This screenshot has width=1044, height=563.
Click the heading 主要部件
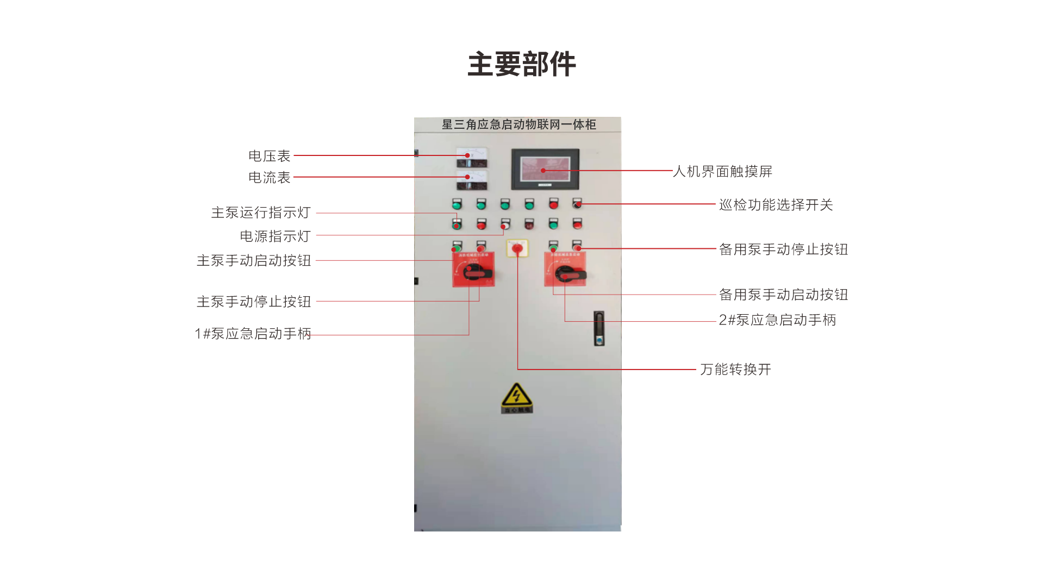(522, 64)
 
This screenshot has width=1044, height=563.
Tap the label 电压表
(270, 156)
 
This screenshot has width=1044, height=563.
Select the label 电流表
(270, 178)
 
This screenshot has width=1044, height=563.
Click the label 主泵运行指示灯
(261, 212)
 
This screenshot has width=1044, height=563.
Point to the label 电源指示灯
(275, 236)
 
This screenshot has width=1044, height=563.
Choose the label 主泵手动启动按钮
(254, 261)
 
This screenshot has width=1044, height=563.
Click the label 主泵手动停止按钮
(254, 302)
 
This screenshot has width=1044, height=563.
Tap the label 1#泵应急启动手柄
(253, 334)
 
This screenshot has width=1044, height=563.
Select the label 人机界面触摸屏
(722, 172)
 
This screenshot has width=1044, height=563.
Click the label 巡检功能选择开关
(776, 205)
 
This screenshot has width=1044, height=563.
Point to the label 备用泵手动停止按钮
(783, 249)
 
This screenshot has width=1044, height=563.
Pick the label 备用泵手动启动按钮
(783, 295)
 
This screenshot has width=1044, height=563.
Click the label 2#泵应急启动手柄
(777, 320)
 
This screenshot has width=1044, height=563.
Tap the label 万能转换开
(735, 370)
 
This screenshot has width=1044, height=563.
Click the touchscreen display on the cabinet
(545, 169)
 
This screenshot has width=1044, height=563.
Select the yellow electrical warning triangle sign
(516, 397)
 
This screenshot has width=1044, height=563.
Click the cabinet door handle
(599, 328)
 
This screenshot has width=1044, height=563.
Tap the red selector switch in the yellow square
(517, 249)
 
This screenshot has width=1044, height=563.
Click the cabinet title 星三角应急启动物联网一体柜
(519, 124)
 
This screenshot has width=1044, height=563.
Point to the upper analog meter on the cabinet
(472, 157)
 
